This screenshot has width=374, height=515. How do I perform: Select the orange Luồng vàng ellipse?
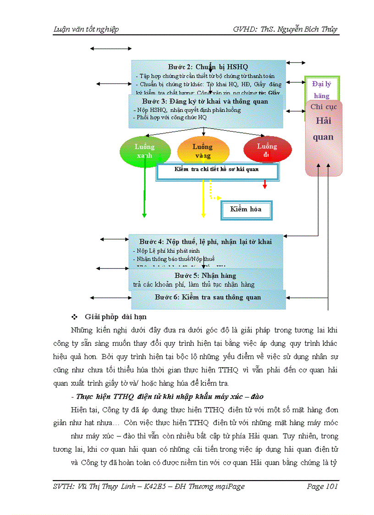(x=202, y=150)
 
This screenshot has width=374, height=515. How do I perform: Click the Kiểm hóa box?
(x=246, y=210)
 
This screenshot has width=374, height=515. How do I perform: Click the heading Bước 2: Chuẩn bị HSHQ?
(x=208, y=67)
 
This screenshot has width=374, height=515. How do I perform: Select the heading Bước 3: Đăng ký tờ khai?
(x=205, y=101)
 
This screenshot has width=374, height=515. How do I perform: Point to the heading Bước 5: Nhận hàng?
(x=205, y=276)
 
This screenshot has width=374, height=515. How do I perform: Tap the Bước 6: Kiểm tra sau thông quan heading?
(x=208, y=297)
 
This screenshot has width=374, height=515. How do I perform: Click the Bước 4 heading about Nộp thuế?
(x=205, y=242)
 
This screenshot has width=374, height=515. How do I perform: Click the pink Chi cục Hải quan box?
(x=323, y=138)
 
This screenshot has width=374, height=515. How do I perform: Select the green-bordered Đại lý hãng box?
(x=322, y=89)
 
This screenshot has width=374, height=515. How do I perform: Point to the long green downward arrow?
(x=144, y=193)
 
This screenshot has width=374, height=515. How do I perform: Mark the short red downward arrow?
(x=264, y=184)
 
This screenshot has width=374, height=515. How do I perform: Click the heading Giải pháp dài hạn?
(x=115, y=317)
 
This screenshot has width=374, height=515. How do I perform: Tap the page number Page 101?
(x=322, y=487)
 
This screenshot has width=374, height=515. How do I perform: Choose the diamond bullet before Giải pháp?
(x=74, y=317)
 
